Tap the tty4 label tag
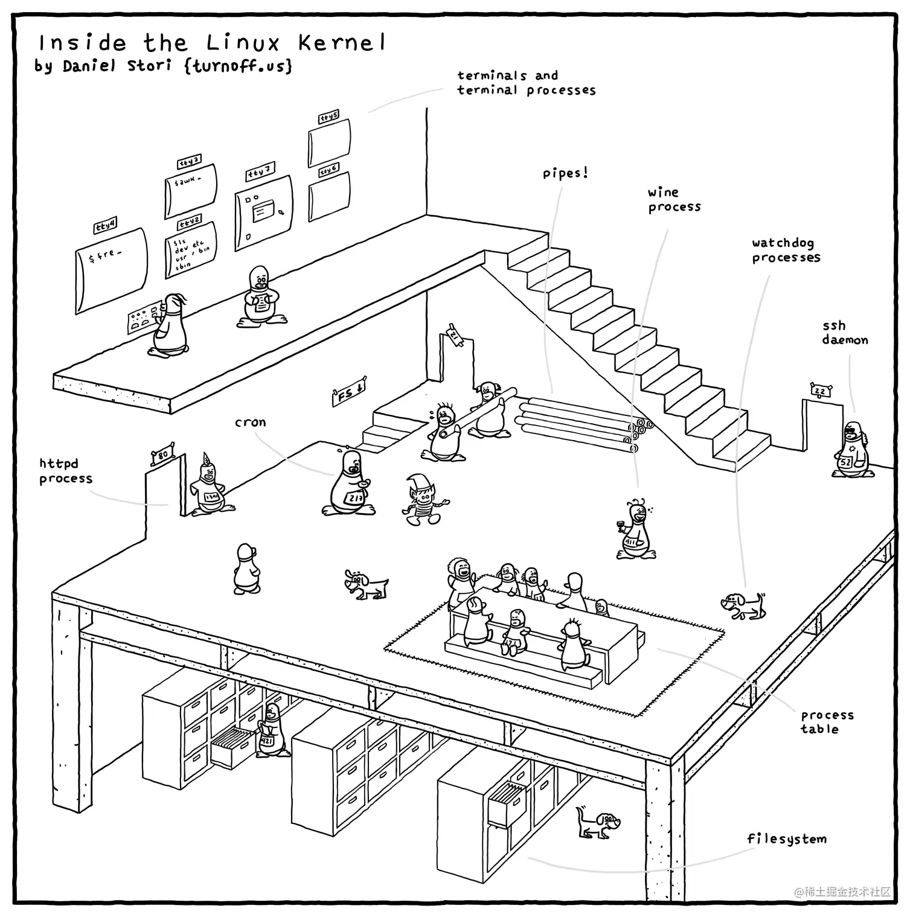(104, 226)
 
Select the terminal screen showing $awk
(190, 190)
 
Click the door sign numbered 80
(163, 455)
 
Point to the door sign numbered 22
(820, 391)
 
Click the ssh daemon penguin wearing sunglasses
(852, 450)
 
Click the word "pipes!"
(565, 174)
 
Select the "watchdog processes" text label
(786, 250)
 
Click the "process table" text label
(827, 722)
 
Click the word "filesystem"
(786, 839)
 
